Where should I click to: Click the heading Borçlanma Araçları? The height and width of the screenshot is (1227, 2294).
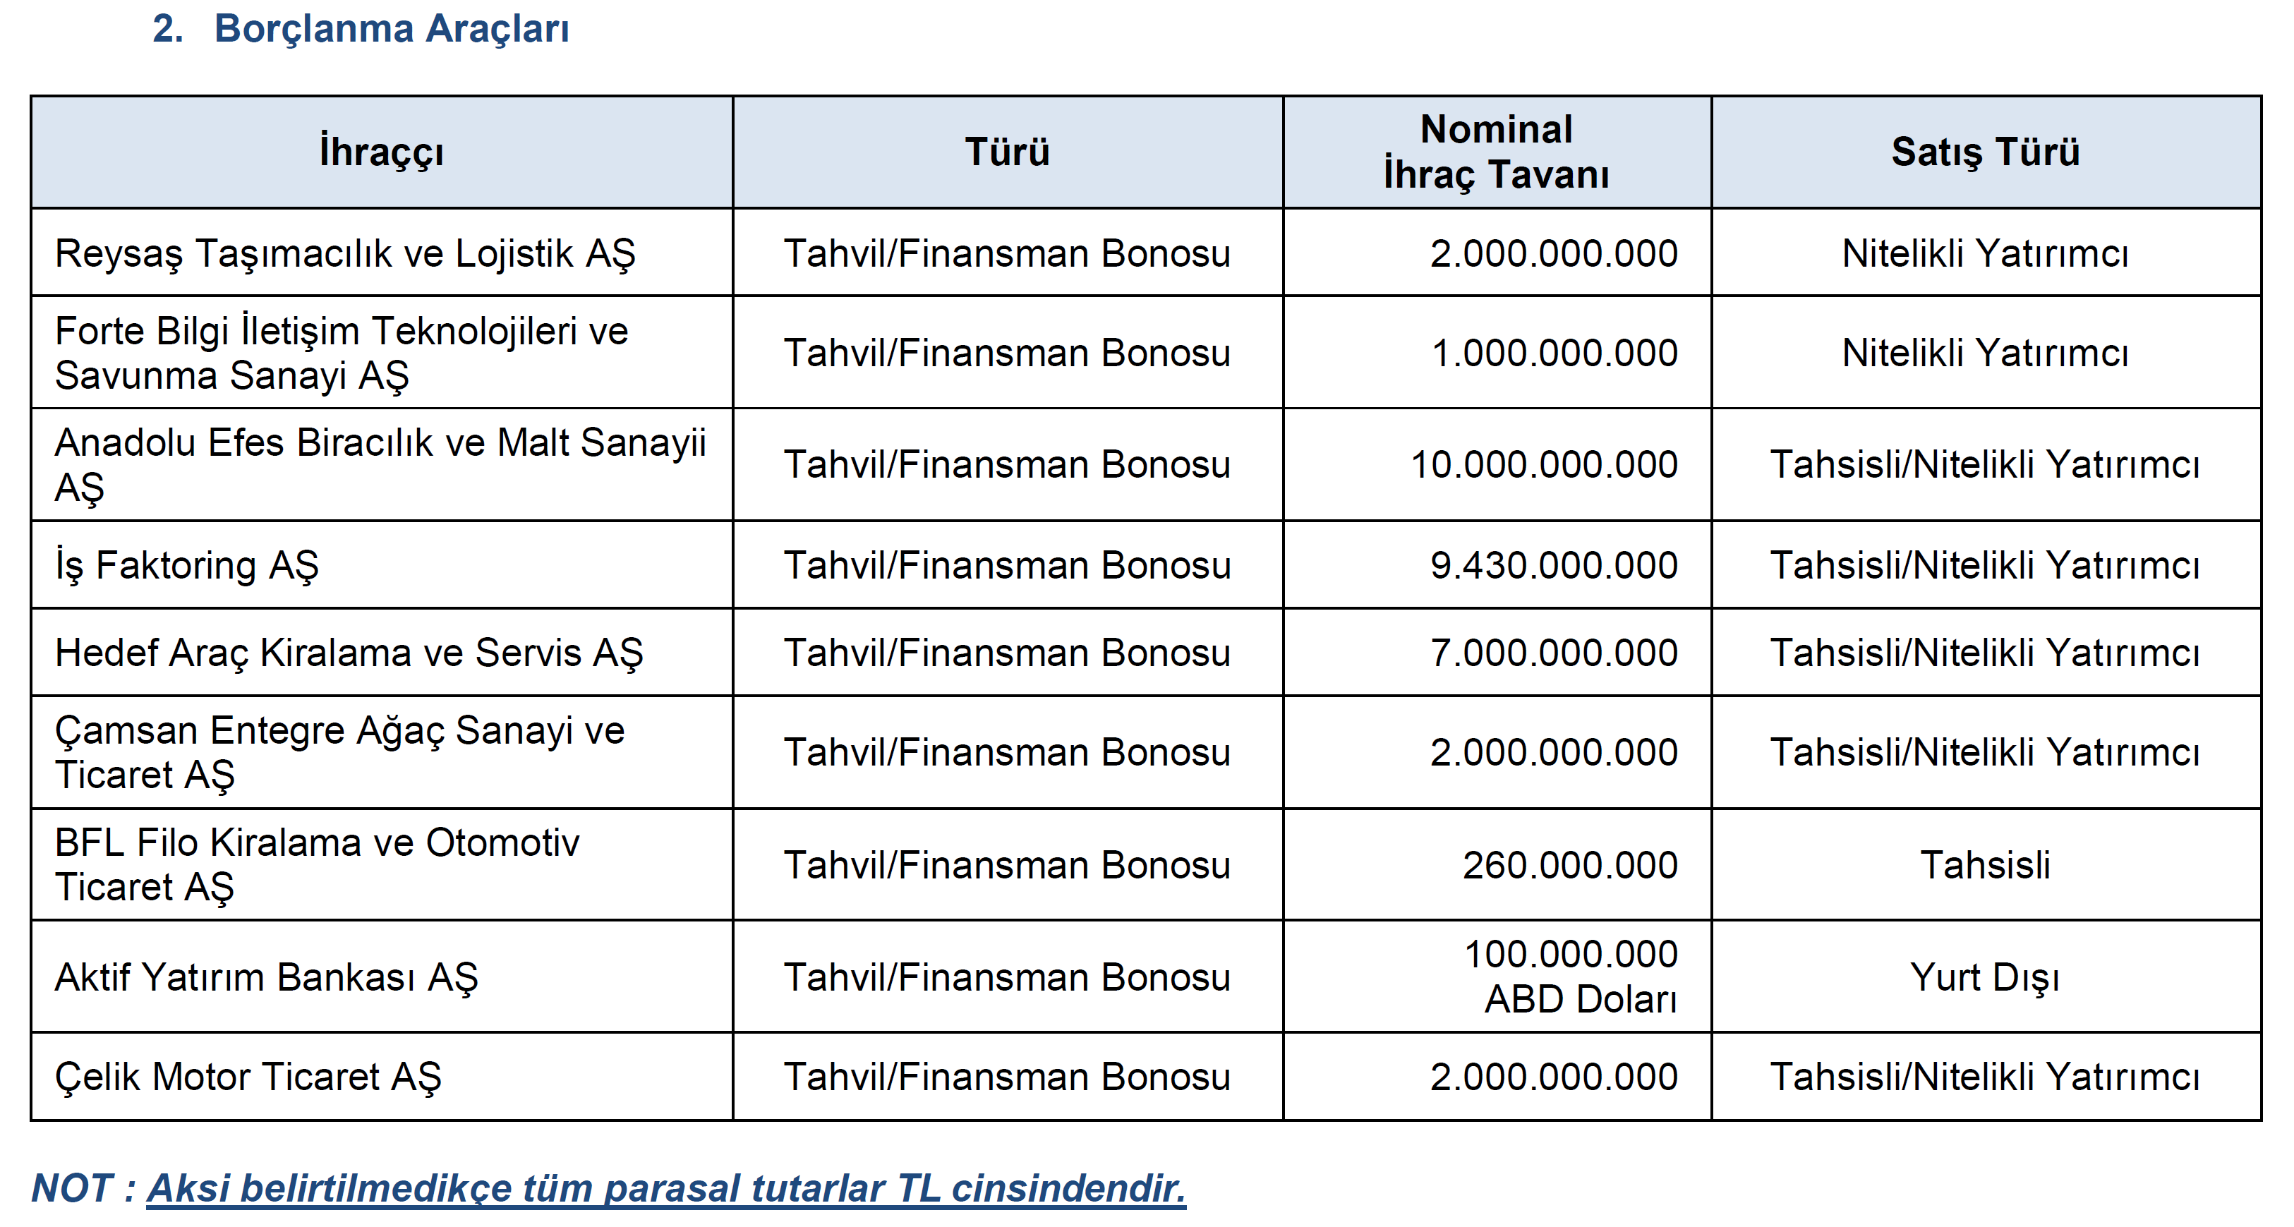(x=391, y=28)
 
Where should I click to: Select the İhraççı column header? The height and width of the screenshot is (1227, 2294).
(x=381, y=152)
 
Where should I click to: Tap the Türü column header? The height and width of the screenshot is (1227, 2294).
(x=1007, y=152)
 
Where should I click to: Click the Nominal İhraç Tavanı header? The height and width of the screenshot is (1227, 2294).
(x=1496, y=152)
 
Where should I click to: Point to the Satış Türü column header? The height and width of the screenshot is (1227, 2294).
(x=1985, y=152)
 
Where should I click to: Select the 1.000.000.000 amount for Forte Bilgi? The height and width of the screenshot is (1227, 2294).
(x=1554, y=353)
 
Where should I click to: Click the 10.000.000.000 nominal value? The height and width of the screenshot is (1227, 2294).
(x=1544, y=465)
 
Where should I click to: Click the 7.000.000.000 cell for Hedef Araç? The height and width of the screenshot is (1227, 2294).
(x=1554, y=653)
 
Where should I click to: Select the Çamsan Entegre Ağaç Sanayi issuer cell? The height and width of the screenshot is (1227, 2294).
(x=339, y=752)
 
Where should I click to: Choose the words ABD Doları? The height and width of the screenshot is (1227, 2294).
(x=1581, y=999)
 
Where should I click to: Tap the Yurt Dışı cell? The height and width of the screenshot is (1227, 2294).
(x=1985, y=978)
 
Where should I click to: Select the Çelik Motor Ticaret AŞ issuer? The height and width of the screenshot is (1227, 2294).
(x=248, y=1077)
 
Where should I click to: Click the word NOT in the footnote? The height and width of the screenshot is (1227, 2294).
(x=72, y=1189)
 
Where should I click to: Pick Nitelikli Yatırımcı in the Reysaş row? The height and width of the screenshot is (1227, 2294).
(x=1985, y=254)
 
